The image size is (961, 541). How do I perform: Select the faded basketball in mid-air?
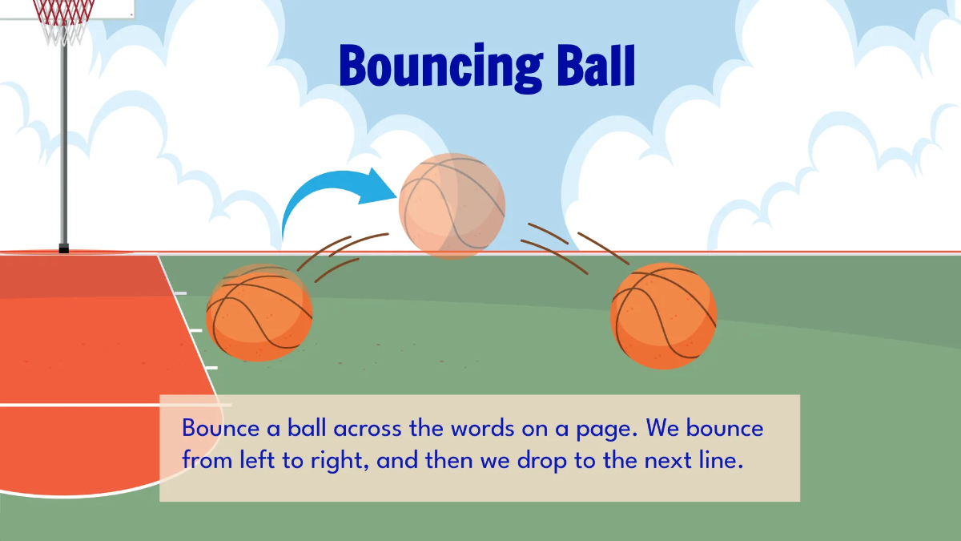452,205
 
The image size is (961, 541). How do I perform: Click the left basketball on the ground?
259,312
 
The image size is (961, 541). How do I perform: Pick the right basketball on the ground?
663,316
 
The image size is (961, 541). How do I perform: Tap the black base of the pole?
64,248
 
